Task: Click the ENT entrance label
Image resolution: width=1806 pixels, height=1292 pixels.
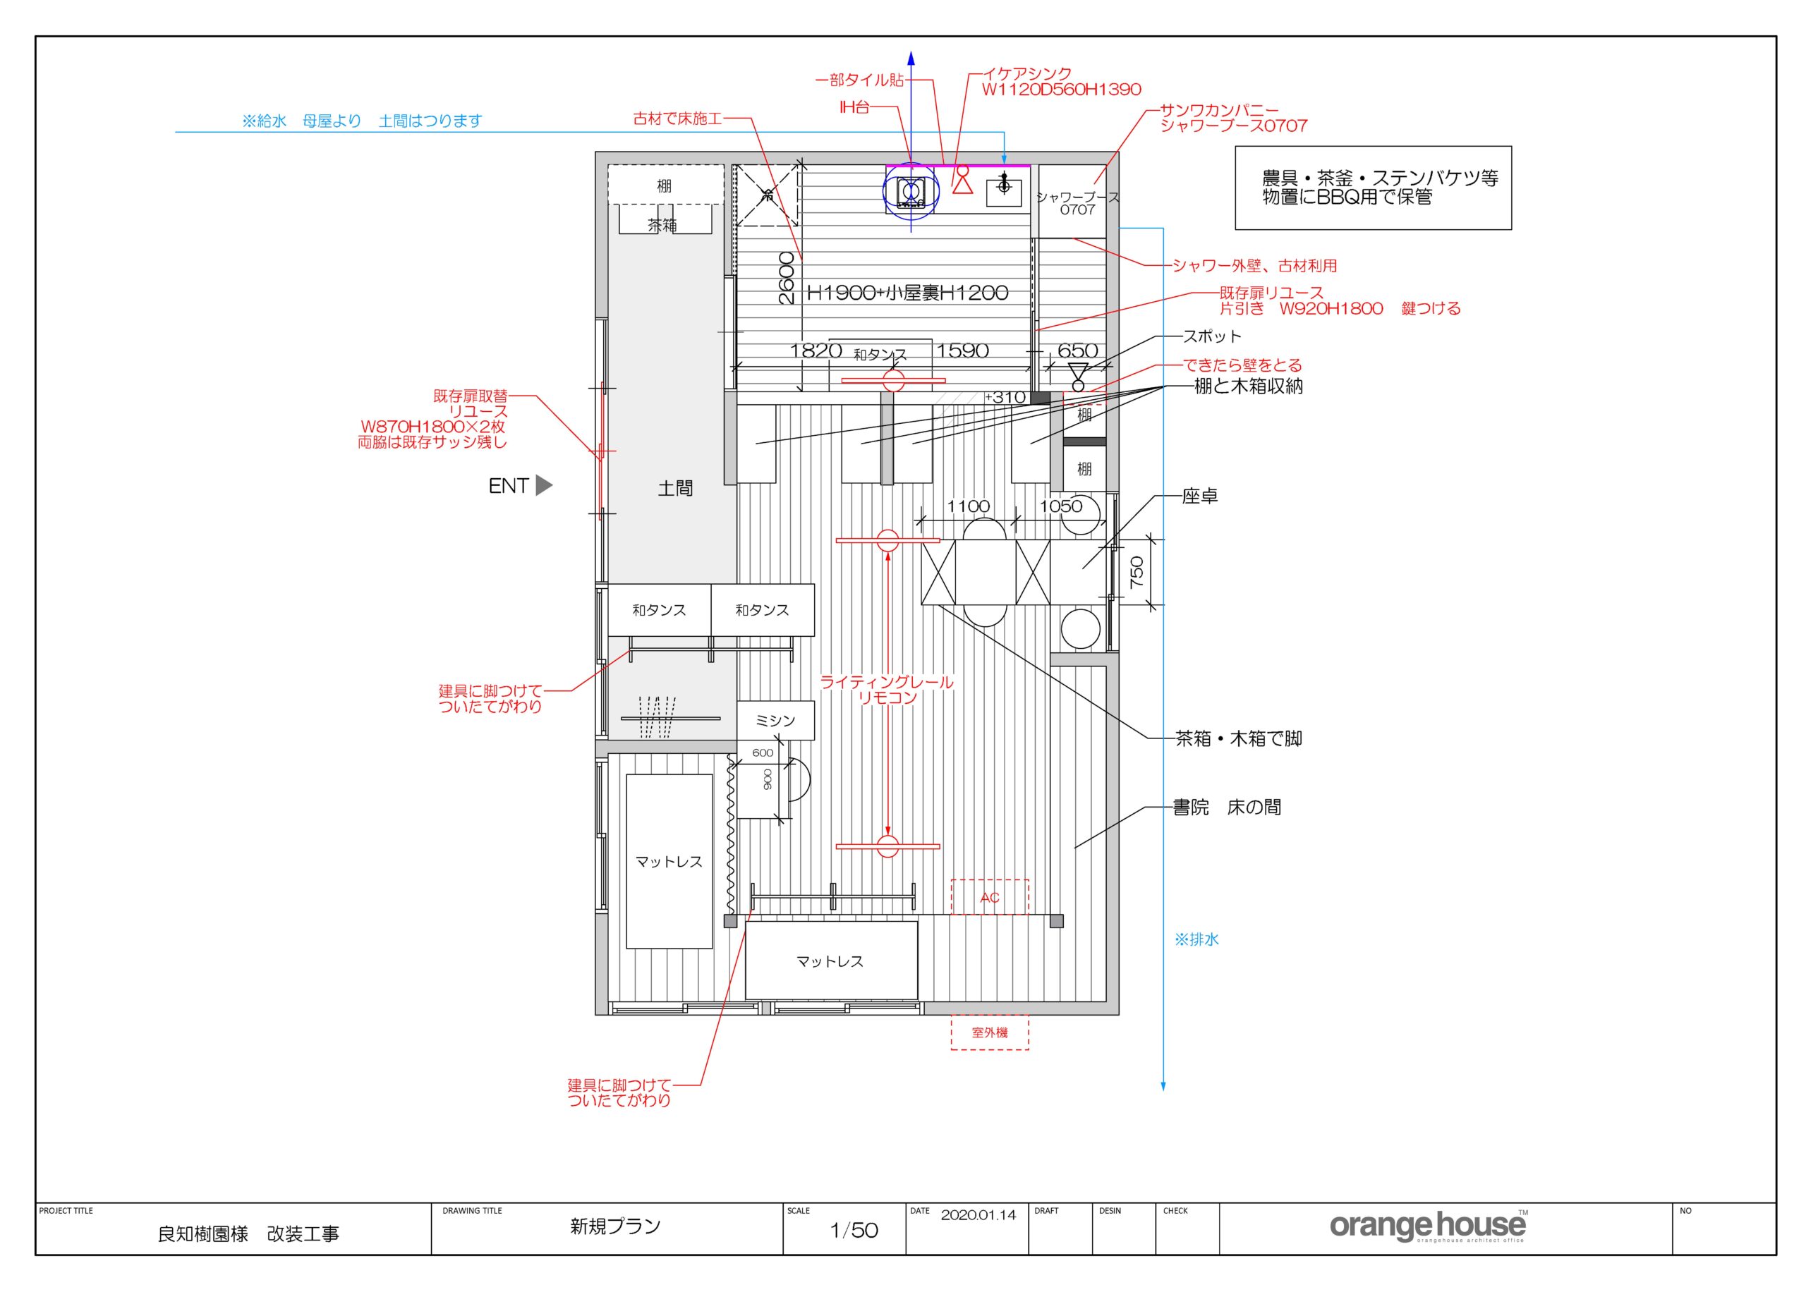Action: (509, 485)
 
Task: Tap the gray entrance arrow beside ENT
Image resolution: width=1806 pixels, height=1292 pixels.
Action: (543, 484)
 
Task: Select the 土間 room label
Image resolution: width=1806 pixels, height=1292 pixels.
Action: (675, 489)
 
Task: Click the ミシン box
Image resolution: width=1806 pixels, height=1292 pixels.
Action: (775, 721)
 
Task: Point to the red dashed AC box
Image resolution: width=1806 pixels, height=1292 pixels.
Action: (990, 896)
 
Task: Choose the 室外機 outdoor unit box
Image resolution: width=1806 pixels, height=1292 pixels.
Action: (990, 1032)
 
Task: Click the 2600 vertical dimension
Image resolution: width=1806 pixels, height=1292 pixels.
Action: (786, 278)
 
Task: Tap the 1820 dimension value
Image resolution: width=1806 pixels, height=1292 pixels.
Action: (816, 351)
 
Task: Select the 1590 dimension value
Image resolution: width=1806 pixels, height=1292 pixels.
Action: (963, 351)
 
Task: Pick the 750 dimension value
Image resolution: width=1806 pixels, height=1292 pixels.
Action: (1137, 572)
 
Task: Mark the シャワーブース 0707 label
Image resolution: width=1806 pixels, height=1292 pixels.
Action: (1077, 204)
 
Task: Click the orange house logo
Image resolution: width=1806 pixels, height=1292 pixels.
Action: (1429, 1226)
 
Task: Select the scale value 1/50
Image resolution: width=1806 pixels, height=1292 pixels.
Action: (854, 1231)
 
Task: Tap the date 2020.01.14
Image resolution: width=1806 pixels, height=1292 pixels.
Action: (978, 1215)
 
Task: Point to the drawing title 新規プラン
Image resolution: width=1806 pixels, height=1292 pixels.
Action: (615, 1226)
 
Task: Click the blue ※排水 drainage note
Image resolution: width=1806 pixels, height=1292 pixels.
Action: (1196, 939)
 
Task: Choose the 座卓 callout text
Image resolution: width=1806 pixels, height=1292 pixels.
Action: (1200, 496)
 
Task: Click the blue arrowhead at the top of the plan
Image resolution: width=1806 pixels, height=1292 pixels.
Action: (911, 58)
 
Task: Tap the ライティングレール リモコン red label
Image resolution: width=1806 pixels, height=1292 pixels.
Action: (887, 690)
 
